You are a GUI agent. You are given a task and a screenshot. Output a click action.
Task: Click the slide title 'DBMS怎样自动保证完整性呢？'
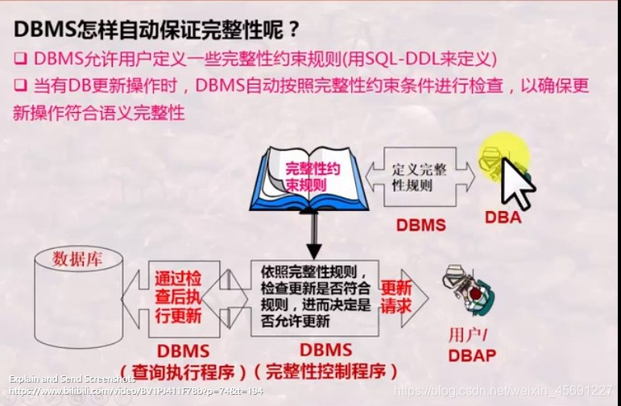157,30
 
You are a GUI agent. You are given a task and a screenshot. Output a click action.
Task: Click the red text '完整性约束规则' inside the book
308,176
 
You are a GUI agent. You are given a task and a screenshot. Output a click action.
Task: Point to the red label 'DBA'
503,217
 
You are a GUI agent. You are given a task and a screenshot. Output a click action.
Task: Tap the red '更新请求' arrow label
395,297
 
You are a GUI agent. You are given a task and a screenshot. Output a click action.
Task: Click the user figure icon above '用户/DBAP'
467,295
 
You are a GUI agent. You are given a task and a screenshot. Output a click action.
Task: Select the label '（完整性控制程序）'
327,371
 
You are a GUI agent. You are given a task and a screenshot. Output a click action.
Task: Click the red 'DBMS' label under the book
420,225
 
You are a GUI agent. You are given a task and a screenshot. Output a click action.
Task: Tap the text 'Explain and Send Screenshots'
72,379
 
